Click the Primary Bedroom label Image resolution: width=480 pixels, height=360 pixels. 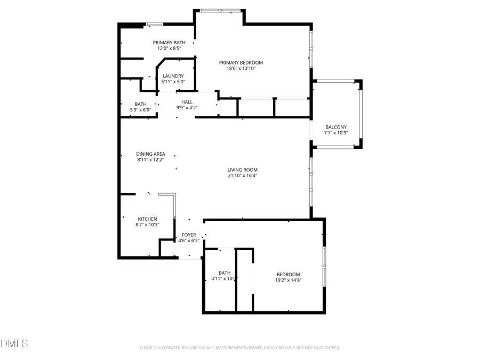point(241,62)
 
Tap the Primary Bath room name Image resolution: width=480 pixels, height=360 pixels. point(169,43)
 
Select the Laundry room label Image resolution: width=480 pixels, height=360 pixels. point(173,76)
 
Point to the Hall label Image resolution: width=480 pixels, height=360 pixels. point(187,102)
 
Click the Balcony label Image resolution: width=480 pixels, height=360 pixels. point(336,127)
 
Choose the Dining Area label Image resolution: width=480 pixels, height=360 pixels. point(151,154)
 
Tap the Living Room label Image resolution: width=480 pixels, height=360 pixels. point(243,170)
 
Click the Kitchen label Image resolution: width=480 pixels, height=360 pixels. point(147,219)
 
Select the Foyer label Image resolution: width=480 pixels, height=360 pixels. point(189,235)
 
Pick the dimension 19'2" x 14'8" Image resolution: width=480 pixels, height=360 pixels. point(288,280)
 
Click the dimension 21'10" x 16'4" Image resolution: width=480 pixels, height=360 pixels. point(243,175)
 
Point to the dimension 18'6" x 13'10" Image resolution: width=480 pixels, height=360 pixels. point(241,68)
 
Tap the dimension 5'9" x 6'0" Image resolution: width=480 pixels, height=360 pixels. point(141,110)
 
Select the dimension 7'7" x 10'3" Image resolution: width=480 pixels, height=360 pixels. point(336,133)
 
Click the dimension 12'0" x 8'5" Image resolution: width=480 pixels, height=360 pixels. point(169,49)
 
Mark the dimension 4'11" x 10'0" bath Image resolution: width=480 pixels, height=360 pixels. point(224,278)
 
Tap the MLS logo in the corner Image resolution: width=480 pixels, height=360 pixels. point(14,343)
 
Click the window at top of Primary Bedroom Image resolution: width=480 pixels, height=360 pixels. point(219,10)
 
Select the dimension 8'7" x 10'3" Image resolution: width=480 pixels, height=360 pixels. point(147,225)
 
